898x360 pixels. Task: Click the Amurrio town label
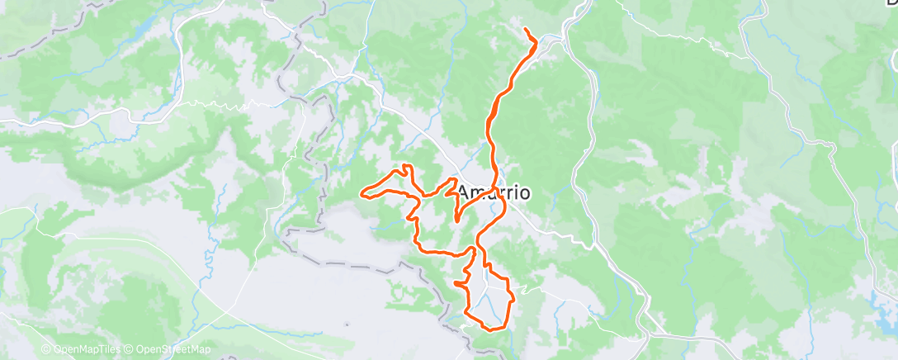(494, 192)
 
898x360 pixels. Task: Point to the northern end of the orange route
(526, 30)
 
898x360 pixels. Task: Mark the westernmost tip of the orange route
(361, 194)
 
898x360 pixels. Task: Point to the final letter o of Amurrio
(523, 193)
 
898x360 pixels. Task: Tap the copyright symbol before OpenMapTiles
(47, 350)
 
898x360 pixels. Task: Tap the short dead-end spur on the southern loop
(456, 283)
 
